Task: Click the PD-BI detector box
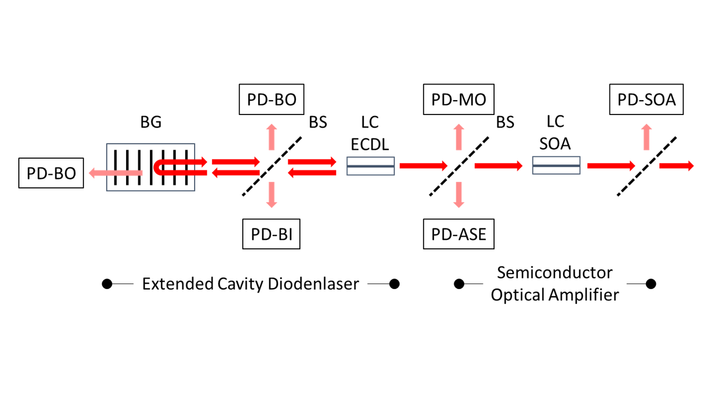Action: tap(271, 234)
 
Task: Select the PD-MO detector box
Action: tap(459, 99)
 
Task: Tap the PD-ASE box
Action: tap(459, 234)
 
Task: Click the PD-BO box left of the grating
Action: tap(51, 173)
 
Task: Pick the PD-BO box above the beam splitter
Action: tap(272, 99)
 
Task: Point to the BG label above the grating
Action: tap(150, 122)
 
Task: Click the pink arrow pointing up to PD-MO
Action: tap(458, 136)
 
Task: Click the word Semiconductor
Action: tap(555, 273)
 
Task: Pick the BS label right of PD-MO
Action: tap(505, 122)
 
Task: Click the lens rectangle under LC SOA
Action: tap(556, 165)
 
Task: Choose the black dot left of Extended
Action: tap(107, 284)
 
